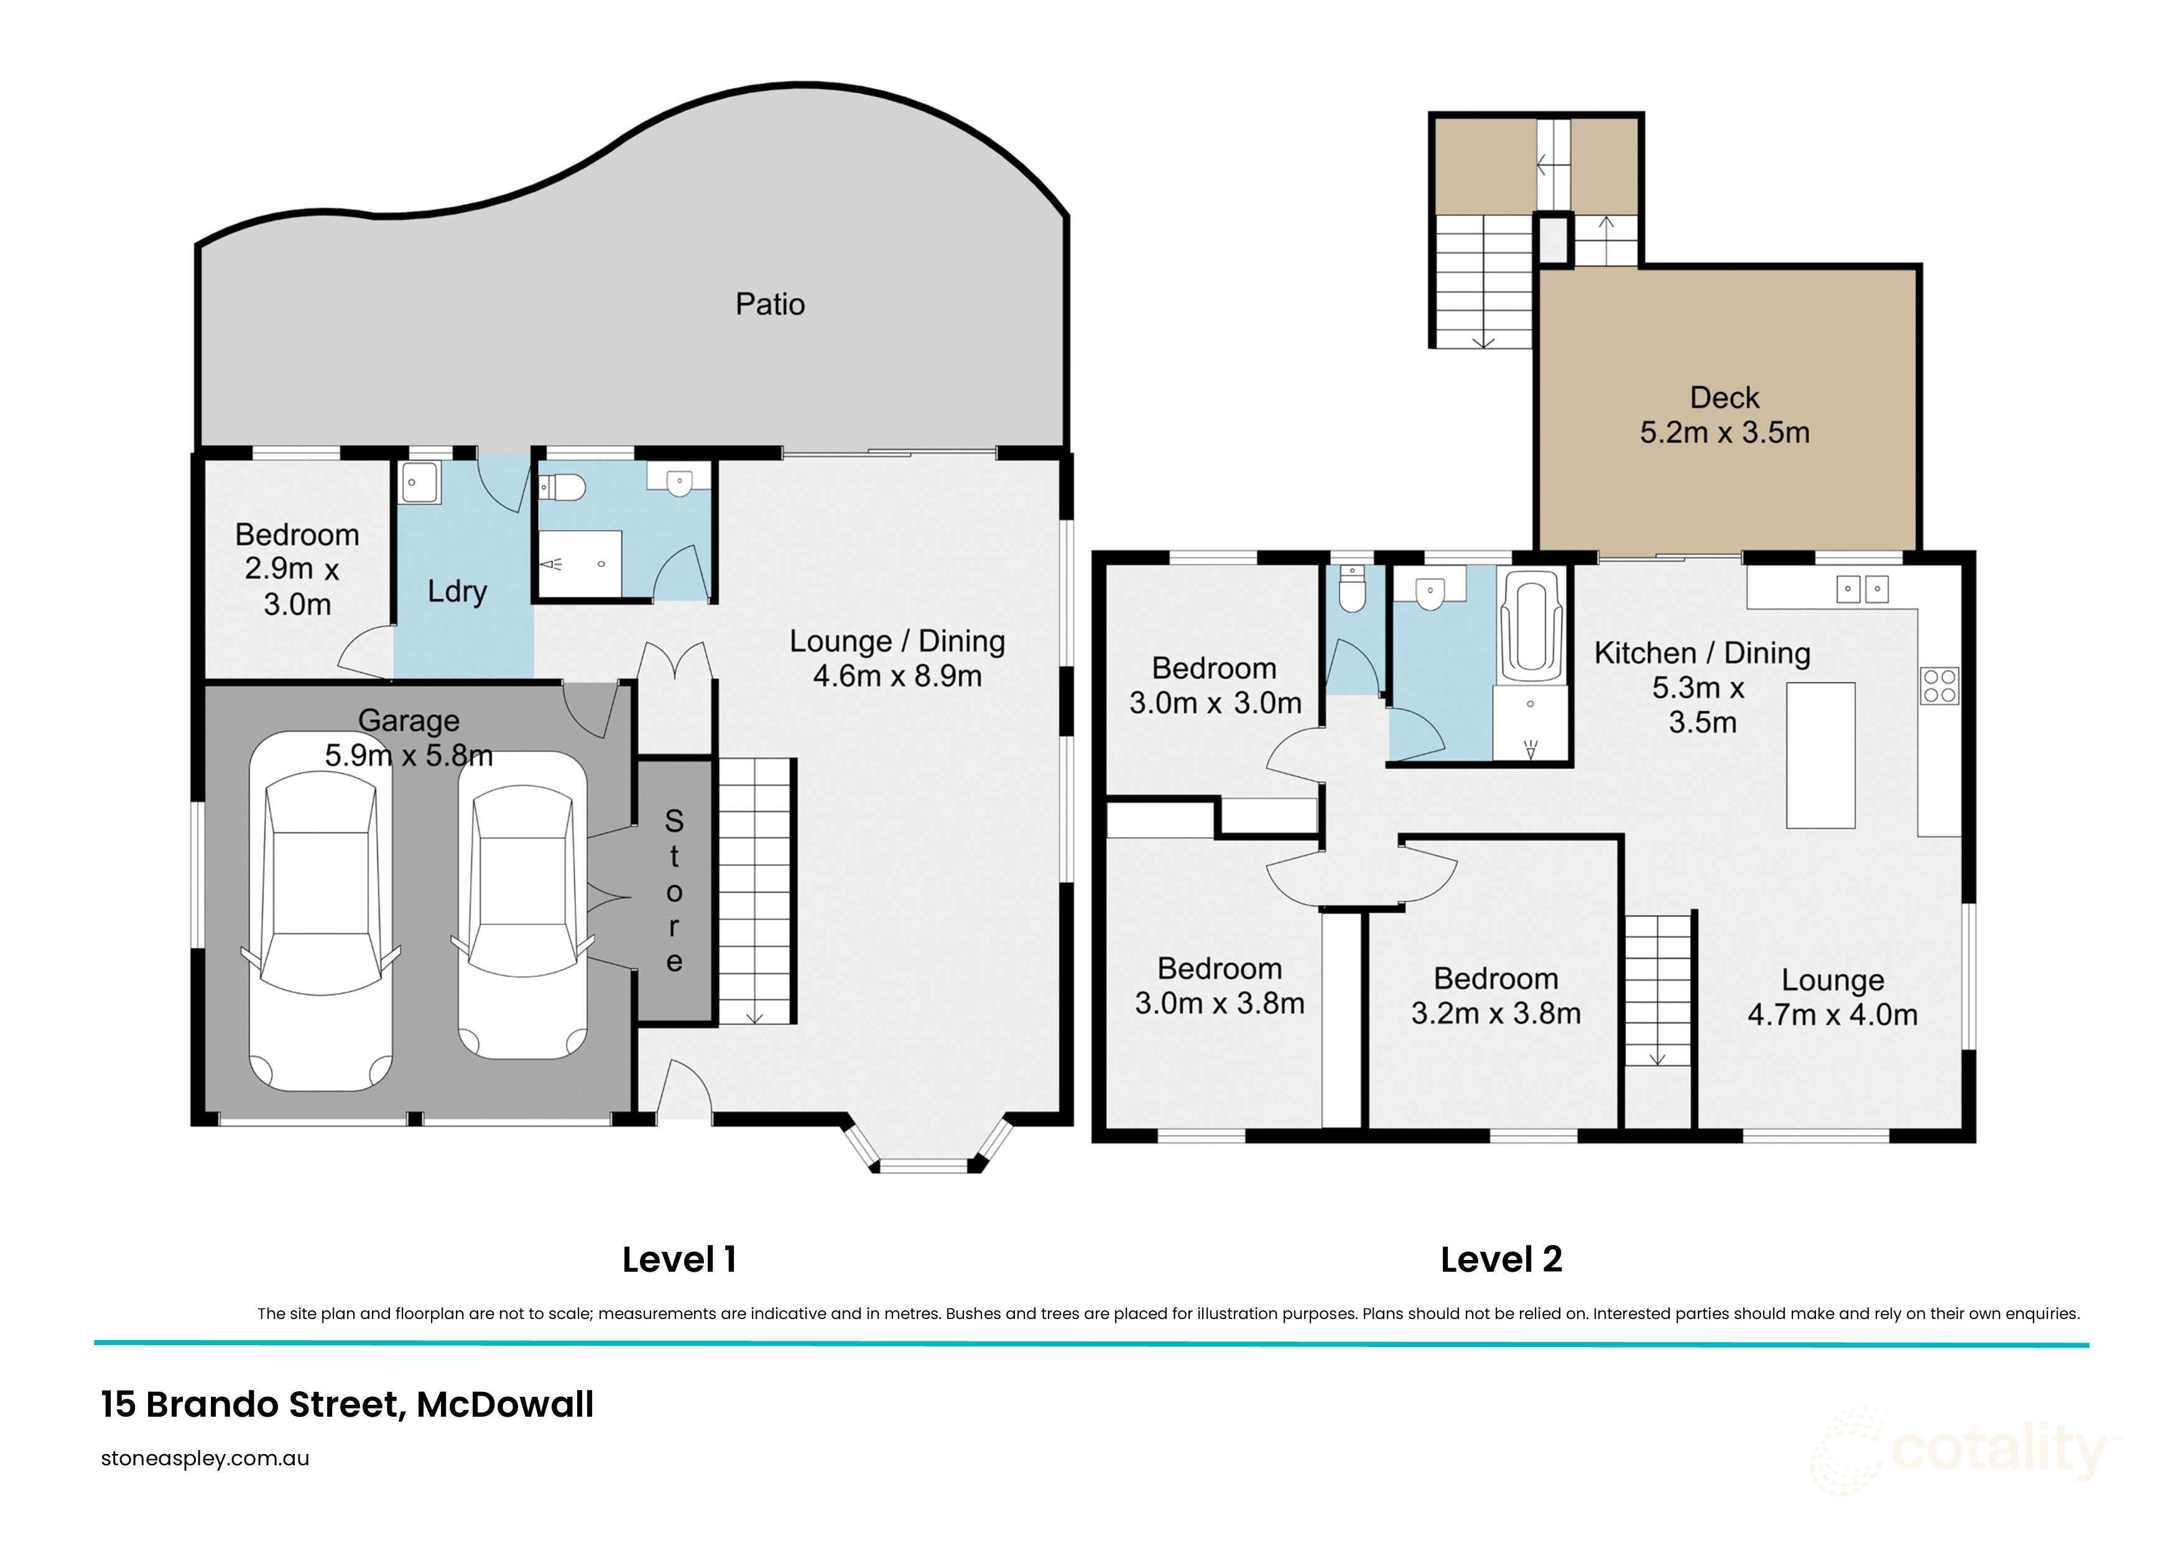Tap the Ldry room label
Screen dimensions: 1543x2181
coord(457,591)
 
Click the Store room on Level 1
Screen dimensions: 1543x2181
coord(674,890)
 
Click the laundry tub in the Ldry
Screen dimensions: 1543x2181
coord(419,483)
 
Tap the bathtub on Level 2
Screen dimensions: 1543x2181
coord(1530,627)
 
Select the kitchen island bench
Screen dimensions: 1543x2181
coord(1820,755)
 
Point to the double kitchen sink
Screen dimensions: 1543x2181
coord(1861,589)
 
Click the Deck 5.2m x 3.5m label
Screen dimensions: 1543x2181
coord(1724,415)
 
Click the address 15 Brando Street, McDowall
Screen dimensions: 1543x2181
coord(347,1404)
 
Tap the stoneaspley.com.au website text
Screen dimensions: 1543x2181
coord(205,1458)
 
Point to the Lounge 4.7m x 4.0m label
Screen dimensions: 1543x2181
coord(1831,997)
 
